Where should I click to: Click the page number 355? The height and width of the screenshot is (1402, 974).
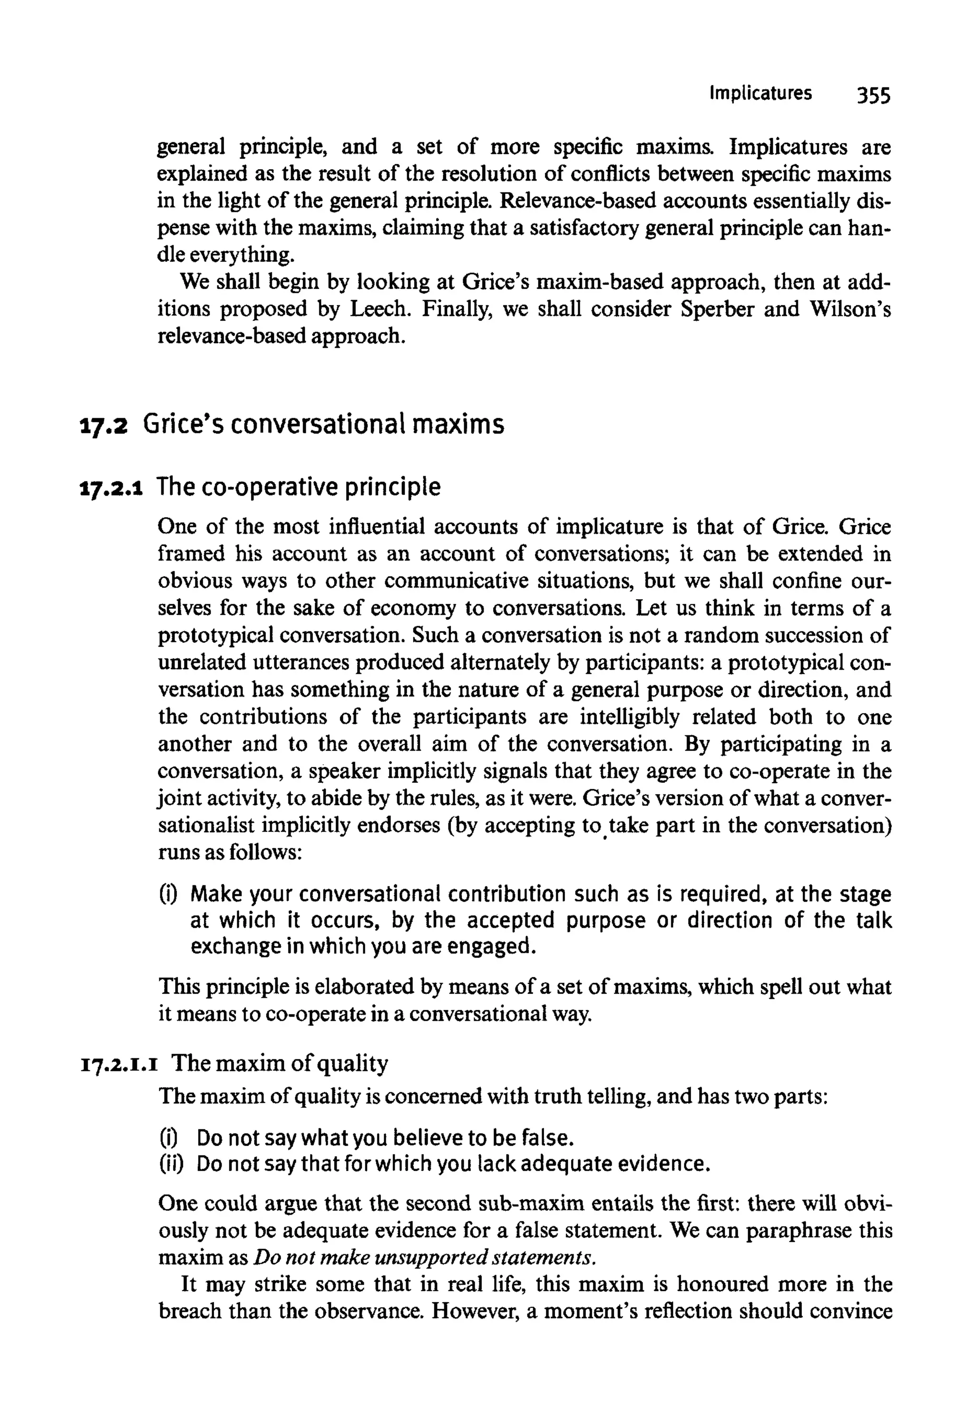click(x=873, y=96)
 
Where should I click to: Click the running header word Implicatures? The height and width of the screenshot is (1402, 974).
click(x=760, y=93)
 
